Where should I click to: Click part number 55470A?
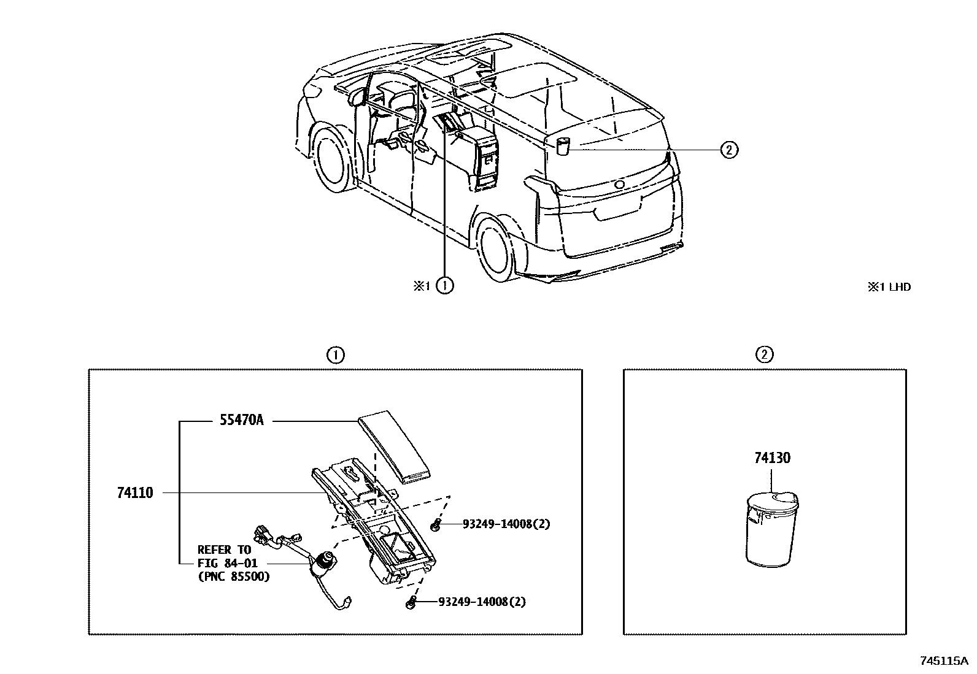pyautogui.click(x=241, y=421)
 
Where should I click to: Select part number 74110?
pyautogui.click(x=134, y=492)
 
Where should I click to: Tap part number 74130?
pyautogui.click(x=772, y=458)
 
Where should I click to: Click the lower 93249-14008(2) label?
pyautogui.click(x=482, y=602)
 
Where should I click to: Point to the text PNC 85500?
pyautogui.click(x=234, y=576)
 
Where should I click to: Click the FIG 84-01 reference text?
pyautogui.click(x=227, y=563)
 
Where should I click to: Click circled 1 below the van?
pyautogui.click(x=445, y=285)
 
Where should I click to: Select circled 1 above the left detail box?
pyautogui.click(x=335, y=354)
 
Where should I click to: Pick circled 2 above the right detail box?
pyautogui.click(x=764, y=354)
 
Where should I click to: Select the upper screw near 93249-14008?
pyautogui.click(x=436, y=524)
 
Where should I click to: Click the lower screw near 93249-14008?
pyautogui.click(x=412, y=603)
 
